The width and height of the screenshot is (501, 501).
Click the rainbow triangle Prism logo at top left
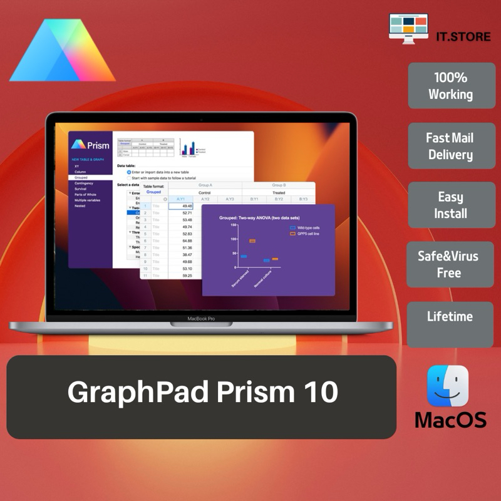pyautogui.click(x=63, y=53)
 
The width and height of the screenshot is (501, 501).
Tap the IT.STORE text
pyautogui.click(x=463, y=36)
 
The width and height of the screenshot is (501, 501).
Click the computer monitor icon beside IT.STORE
pyautogui.click(x=408, y=28)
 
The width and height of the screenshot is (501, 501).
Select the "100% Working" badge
pyautogui.click(x=451, y=86)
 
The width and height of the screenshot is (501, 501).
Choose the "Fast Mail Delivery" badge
pyautogui.click(x=451, y=146)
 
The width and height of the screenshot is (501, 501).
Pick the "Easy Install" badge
pyautogui.click(x=451, y=205)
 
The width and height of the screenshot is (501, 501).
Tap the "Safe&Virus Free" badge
pyautogui.click(x=450, y=264)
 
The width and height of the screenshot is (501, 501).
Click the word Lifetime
pyautogui.click(x=450, y=316)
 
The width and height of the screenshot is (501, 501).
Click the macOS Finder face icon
pyautogui.click(x=448, y=386)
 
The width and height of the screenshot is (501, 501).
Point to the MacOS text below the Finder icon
pyautogui.click(x=450, y=419)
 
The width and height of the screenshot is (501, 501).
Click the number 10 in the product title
pyautogui.click(x=318, y=393)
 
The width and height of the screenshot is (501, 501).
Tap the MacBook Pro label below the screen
pyautogui.click(x=201, y=319)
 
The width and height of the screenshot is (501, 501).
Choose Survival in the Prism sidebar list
pyautogui.click(x=81, y=189)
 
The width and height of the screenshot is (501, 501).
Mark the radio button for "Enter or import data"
pyautogui.click(x=129, y=172)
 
